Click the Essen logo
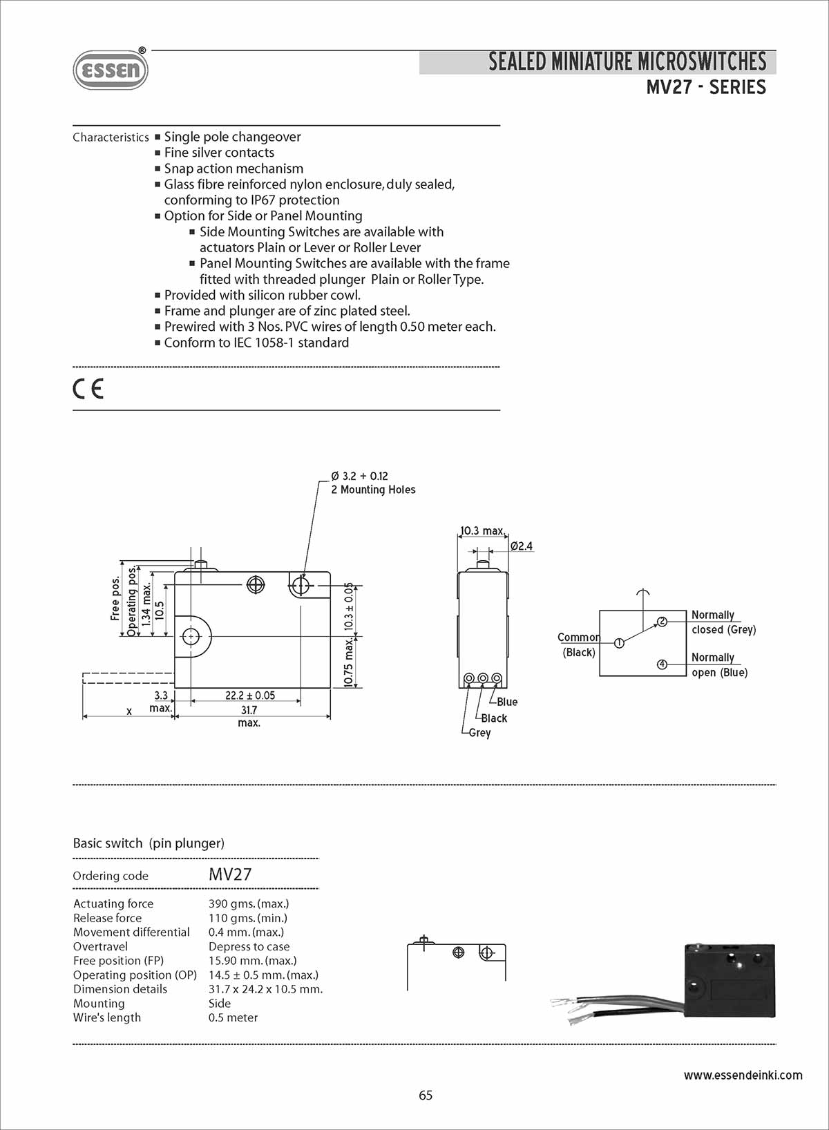[111, 70]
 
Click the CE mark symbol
[88, 389]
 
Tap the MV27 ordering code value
[230, 874]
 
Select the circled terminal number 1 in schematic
[619, 643]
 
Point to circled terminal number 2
[662, 621]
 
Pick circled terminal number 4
[662, 664]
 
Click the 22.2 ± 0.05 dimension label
[249, 696]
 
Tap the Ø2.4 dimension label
[522, 546]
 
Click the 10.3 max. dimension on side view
[482, 530]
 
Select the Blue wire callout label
[507, 702]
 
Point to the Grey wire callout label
[479, 733]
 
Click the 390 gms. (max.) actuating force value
[249, 903]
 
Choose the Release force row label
[107, 918]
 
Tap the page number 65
[426, 1095]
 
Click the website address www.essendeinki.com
[743, 1075]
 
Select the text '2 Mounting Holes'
[373, 490]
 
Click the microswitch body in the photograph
[730, 981]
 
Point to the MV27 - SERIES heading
[706, 88]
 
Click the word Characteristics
[111, 137]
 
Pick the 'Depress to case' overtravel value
[249, 946]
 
